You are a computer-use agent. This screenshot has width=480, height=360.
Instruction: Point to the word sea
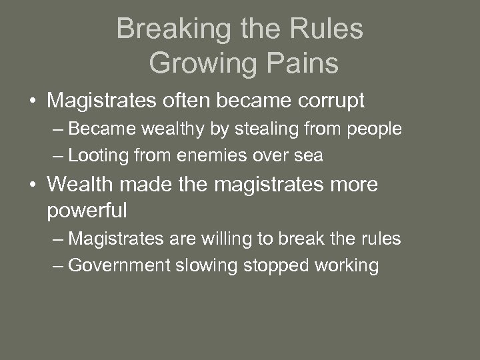pyautogui.click(x=309, y=156)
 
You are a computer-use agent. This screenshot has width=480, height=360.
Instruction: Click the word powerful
pyautogui.click(x=87, y=211)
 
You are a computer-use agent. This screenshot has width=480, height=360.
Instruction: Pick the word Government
pyautogui.click(x=119, y=265)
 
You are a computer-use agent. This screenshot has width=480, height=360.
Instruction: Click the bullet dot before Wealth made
pyautogui.click(x=32, y=185)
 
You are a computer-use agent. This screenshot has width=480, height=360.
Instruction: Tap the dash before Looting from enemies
pyautogui.click(x=58, y=156)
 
